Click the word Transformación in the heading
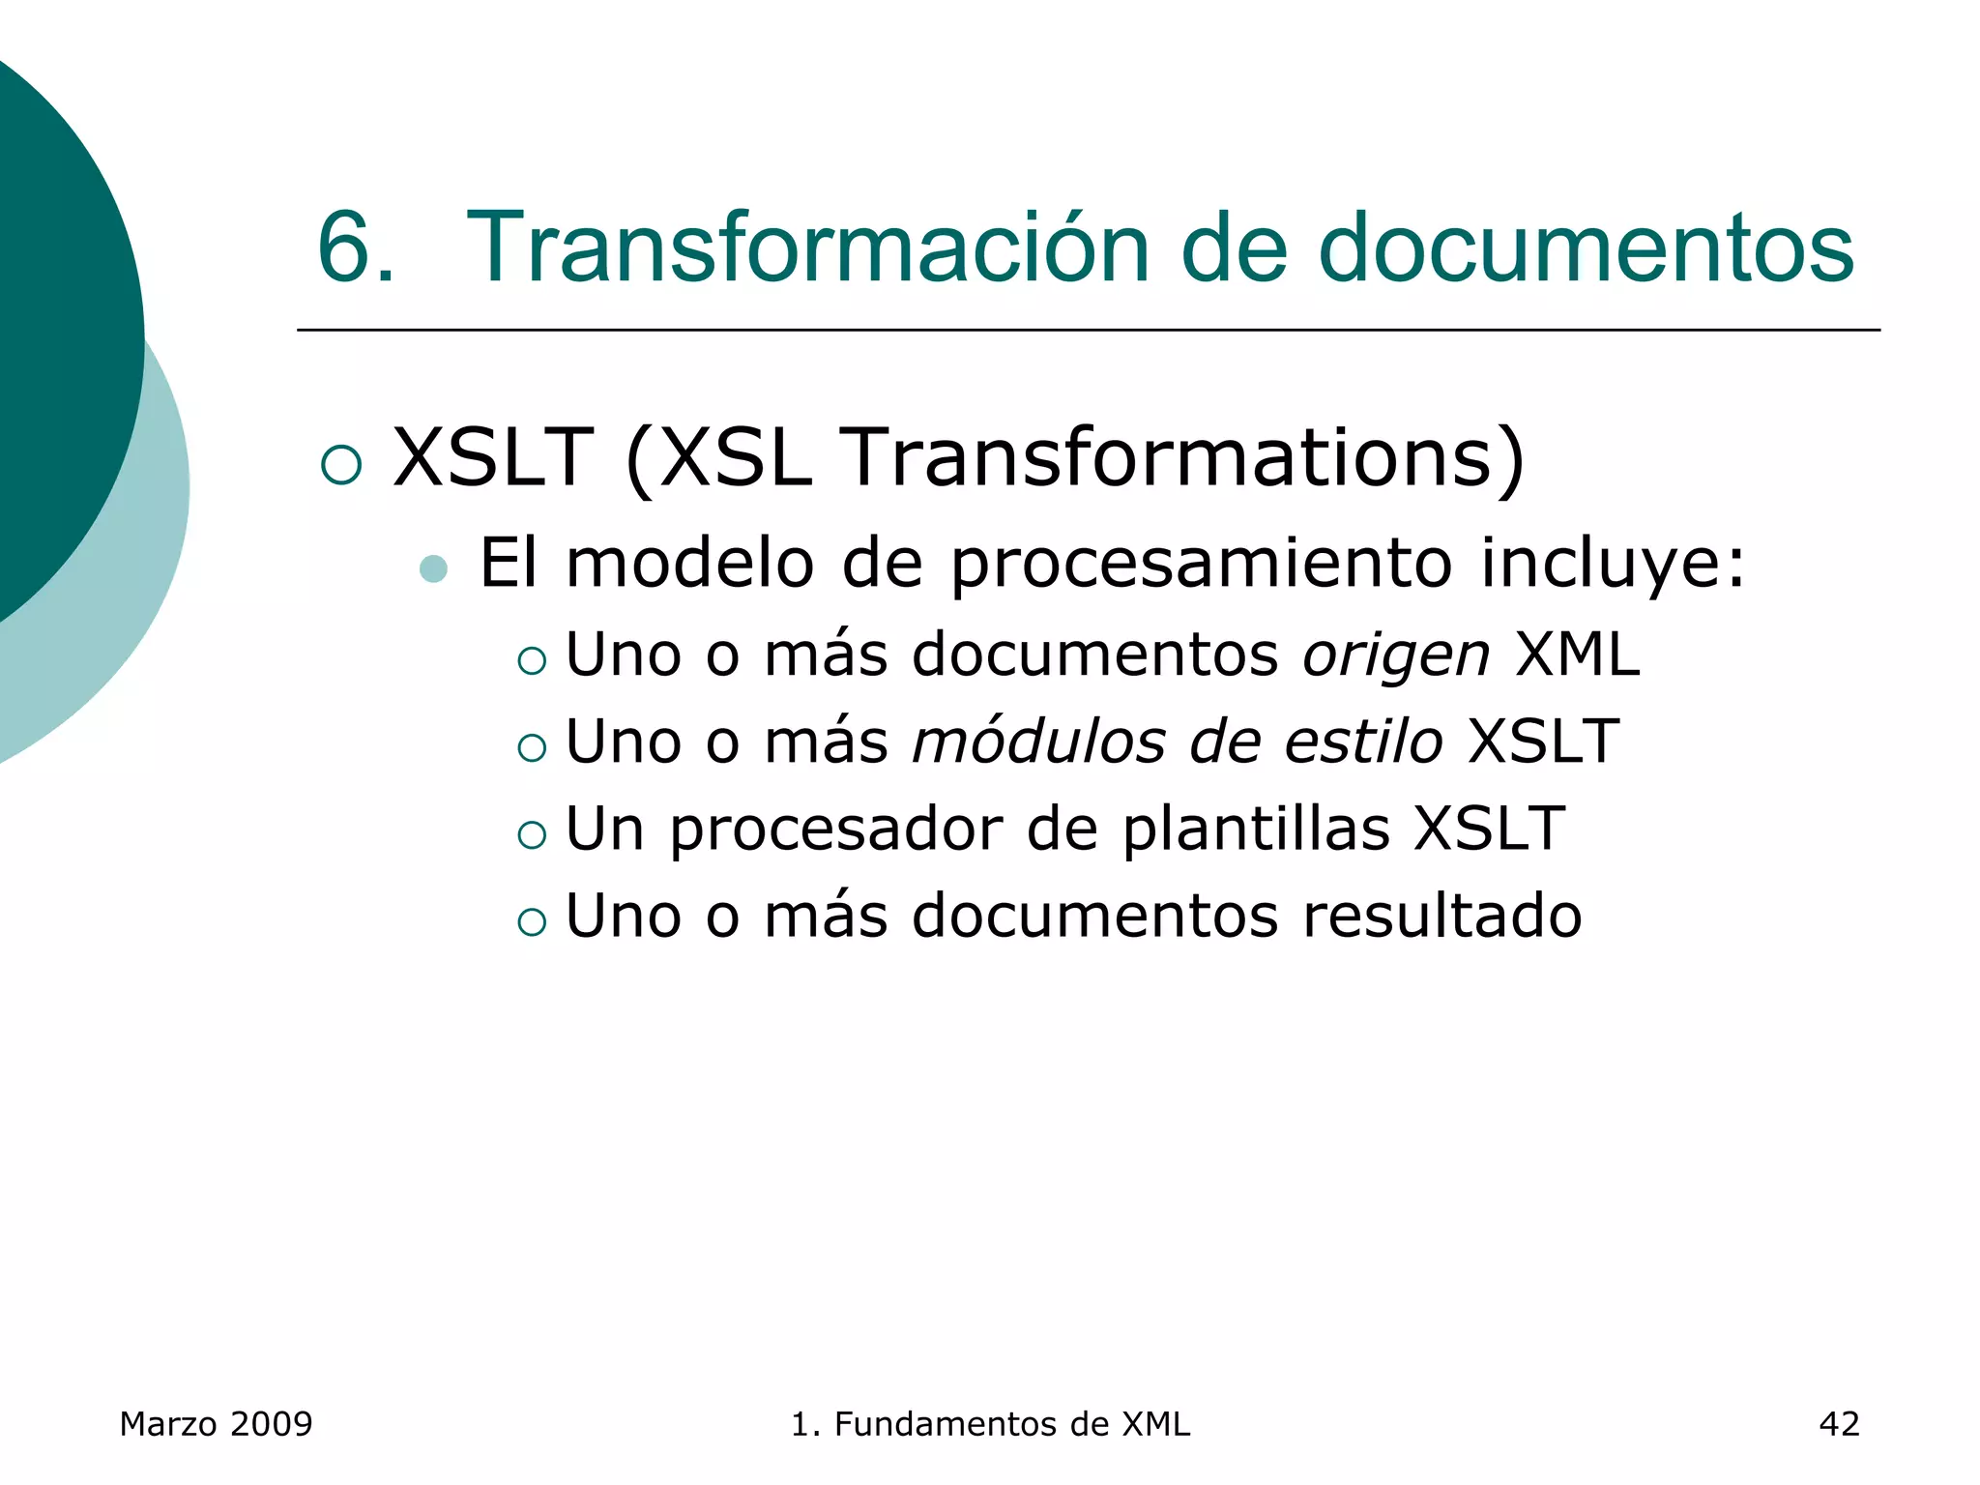pos(807,248)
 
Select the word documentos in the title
pos(1586,248)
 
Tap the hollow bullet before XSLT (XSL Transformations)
pos(341,464)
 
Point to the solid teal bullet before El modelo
pos(434,568)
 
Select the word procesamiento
pos(1201,565)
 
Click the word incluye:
pos(1613,563)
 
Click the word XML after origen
pos(1577,655)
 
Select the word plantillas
pos(1256,829)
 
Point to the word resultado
pos(1441,916)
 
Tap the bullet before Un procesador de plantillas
pos(532,834)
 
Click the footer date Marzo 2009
pos(216,1424)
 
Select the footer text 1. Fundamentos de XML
pos(990,1424)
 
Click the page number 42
pos(1839,1424)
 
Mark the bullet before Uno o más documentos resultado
pos(532,921)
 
